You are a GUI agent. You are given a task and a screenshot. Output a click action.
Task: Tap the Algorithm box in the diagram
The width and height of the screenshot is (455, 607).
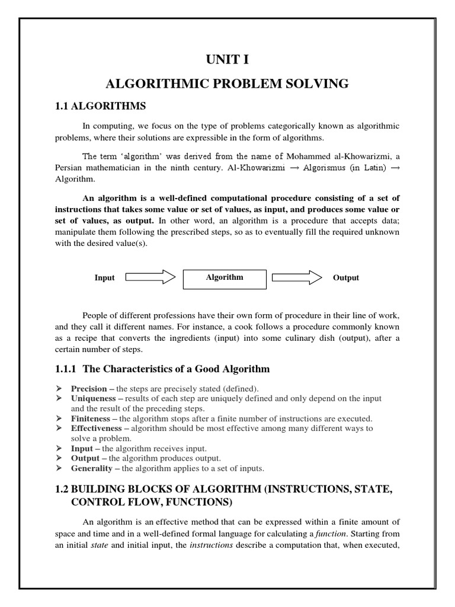point(225,278)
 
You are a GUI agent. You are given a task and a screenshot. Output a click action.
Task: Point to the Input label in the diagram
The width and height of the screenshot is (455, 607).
point(105,278)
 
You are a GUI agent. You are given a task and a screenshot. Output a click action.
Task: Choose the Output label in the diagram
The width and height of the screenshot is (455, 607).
point(345,278)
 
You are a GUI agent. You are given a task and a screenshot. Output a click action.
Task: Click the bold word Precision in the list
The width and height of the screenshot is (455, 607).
point(89,389)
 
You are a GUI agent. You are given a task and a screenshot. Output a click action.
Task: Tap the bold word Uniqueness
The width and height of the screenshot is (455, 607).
point(93,399)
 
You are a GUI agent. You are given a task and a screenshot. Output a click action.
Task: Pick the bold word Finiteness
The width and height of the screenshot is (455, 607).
point(91,418)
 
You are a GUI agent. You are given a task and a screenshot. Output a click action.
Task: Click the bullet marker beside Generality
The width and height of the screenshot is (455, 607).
point(59,468)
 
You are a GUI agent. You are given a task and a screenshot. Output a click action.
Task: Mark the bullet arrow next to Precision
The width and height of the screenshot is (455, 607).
point(59,389)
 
